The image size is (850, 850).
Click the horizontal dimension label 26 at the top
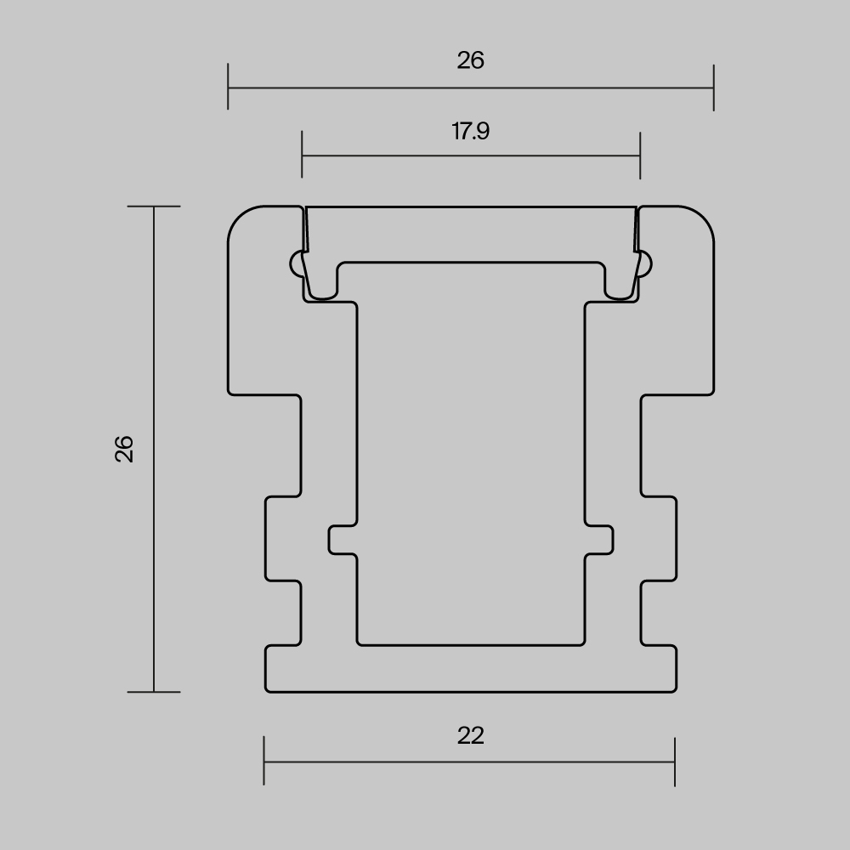click(470, 60)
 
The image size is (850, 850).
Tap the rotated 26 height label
click(125, 448)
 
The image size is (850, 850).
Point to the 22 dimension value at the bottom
click(470, 735)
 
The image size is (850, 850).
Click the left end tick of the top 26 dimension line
click(228, 87)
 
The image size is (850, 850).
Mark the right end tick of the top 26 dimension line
click(713, 87)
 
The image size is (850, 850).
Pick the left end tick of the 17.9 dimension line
click(302, 156)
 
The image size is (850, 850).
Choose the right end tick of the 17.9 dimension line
click(639, 156)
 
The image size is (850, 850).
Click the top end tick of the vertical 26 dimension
click(154, 206)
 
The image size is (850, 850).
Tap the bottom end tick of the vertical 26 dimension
click(154, 692)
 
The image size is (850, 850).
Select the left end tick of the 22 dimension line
click(264, 762)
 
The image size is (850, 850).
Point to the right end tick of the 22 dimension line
click(675, 762)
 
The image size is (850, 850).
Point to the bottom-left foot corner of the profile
click(269, 689)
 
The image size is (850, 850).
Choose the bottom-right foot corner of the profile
click(673, 689)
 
